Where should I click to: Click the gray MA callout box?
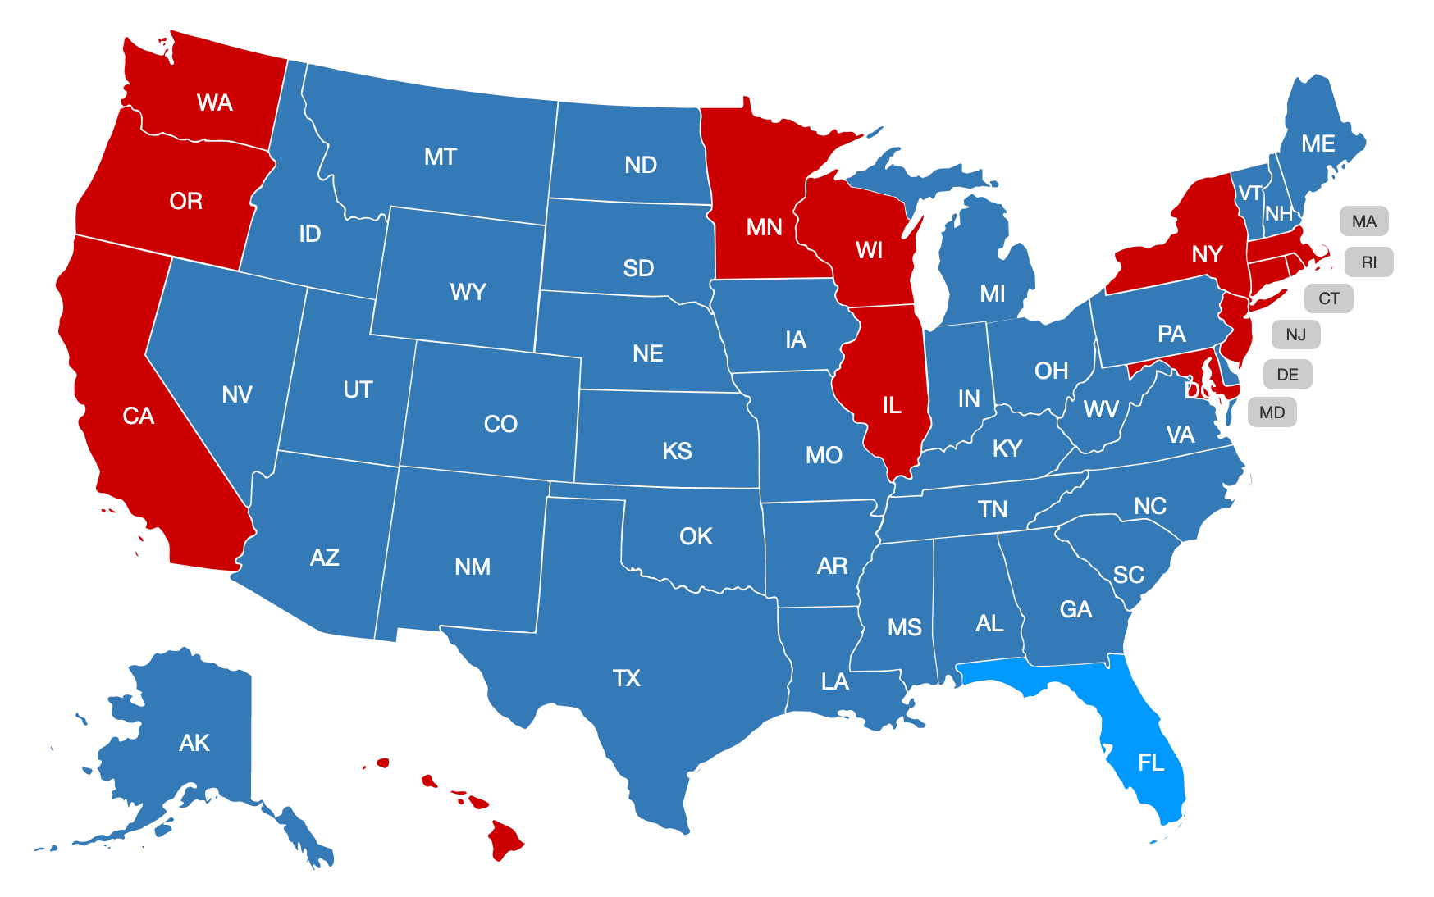point(1363,221)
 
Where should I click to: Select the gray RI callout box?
point(1368,262)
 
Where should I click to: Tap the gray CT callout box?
point(1328,298)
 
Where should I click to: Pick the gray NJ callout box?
point(1295,335)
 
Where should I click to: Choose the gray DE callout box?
point(1287,375)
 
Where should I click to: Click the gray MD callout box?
point(1272,412)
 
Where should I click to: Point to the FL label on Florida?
point(1151,763)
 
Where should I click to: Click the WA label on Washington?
point(215,102)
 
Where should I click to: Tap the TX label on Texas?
point(627,678)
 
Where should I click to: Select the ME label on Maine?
point(1318,144)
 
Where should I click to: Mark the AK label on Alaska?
point(194,743)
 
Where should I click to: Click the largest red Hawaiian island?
point(505,840)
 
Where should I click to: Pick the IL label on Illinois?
point(892,405)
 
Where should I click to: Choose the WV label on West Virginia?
point(1101,409)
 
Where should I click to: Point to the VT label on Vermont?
point(1249,194)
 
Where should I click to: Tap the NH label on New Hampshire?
point(1278,214)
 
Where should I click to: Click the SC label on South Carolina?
point(1129,575)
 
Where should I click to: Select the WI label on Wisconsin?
point(869,250)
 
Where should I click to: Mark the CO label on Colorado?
point(500,424)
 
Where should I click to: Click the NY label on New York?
point(1207,254)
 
